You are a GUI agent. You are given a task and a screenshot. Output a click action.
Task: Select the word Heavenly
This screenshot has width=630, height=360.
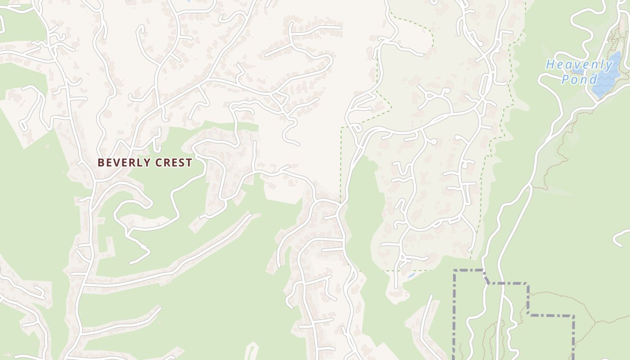click(580, 65)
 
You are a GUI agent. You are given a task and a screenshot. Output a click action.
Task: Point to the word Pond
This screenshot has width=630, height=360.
click(579, 80)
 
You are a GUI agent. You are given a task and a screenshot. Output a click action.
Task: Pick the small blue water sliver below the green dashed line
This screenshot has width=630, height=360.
click(410, 274)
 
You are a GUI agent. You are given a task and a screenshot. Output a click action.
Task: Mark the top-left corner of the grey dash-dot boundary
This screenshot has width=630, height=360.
click(454, 270)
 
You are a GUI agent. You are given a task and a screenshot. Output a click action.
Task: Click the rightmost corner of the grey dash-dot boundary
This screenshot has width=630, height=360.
click(573, 316)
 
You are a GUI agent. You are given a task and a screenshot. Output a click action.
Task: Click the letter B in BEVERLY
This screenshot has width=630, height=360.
click(101, 162)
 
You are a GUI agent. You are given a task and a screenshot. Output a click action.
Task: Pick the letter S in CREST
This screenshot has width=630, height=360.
click(182, 162)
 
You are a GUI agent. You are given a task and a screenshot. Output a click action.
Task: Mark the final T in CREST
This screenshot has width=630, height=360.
click(189, 162)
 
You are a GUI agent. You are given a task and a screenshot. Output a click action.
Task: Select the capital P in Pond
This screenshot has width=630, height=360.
click(565, 80)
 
